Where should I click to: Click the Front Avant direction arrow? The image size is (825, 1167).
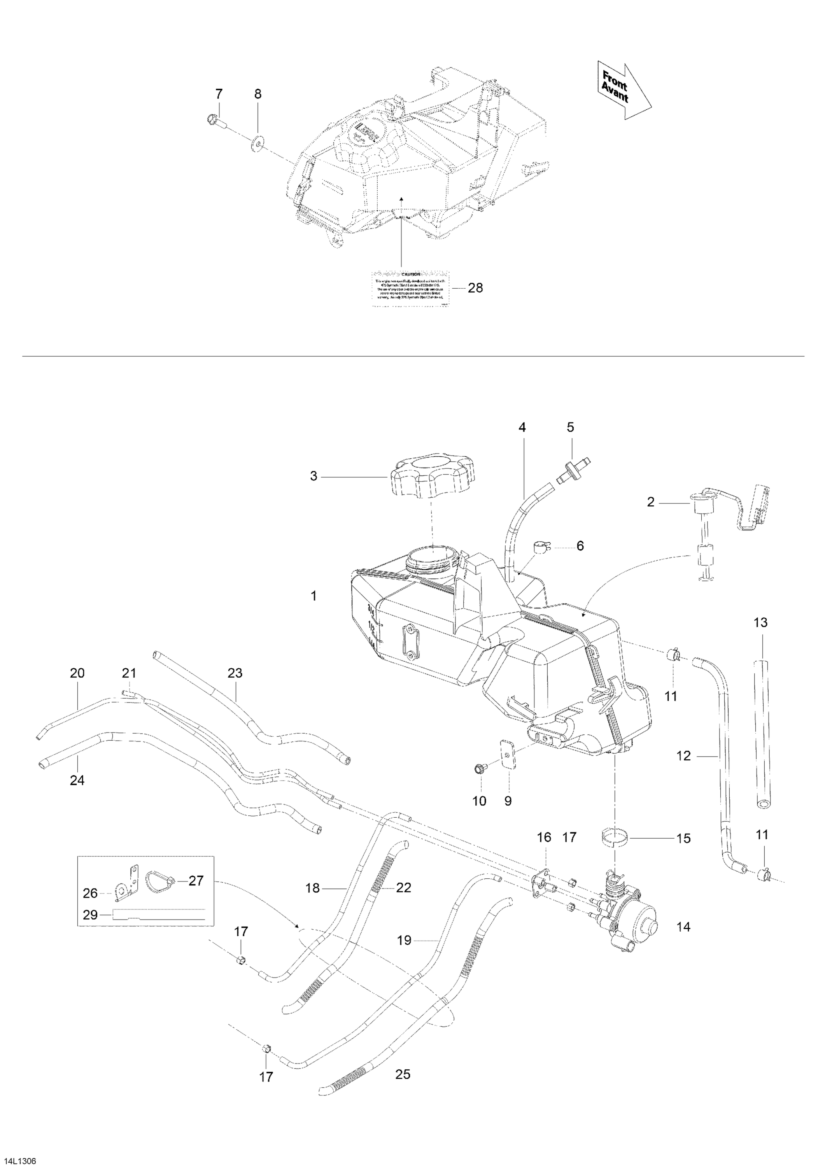(x=622, y=91)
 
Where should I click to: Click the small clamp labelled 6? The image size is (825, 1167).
(x=542, y=549)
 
